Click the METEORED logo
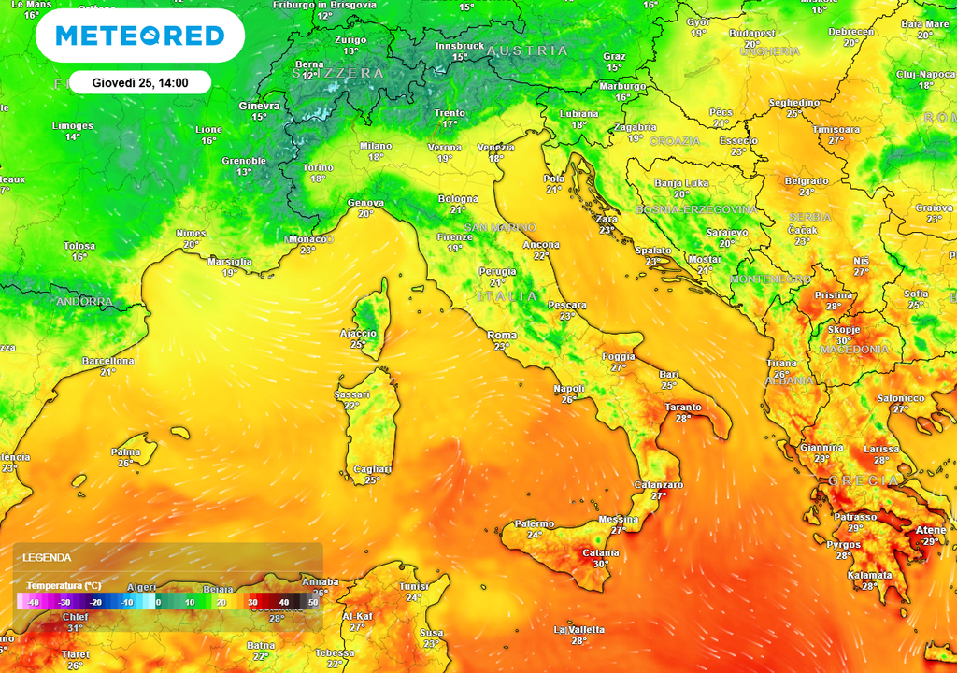[x=140, y=36]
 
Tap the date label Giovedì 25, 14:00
[x=140, y=82]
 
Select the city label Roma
[x=502, y=336]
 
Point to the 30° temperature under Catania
[x=600, y=564]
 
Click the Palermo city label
[x=535, y=523]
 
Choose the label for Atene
[x=931, y=530]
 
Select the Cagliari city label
[x=372, y=469]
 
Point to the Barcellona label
[x=108, y=361]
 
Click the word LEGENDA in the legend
[x=48, y=557]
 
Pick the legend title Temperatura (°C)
[x=59, y=585]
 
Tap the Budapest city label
[x=751, y=33]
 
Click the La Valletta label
[x=578, y=629]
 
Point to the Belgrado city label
[x=806, y=180]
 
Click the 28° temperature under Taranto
[x=683, y=418]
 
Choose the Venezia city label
[x=495, y=148]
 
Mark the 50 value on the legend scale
[x=313, y=602]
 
